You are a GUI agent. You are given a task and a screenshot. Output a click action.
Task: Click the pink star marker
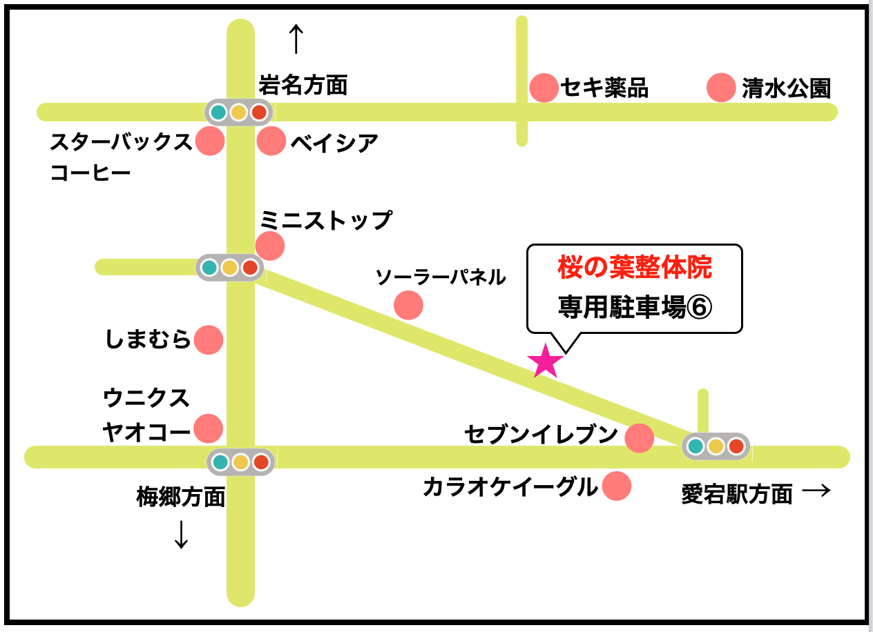tap(545, 362)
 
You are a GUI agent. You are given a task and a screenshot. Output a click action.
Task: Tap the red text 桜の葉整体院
tap(634, 268)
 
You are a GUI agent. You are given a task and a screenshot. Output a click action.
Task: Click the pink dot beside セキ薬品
tap(544, 88)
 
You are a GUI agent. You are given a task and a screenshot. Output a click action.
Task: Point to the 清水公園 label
tap(786, 88)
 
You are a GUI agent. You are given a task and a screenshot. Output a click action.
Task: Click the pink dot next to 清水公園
tap(721, 88)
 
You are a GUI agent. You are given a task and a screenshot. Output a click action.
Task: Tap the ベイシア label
tap(334, 143)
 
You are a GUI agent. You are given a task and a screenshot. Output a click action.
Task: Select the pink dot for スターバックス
tap(210, 141)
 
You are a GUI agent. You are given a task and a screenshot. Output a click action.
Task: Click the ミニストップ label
tap(325, 221)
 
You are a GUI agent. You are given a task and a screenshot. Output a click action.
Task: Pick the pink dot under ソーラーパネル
tap(408, 305)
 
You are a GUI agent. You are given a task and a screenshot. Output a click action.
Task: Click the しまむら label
tap(148, 339)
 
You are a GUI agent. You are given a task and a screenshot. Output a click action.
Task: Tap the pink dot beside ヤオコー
tap(208, 428)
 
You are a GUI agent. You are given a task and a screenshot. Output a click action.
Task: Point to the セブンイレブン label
tap(541, 435)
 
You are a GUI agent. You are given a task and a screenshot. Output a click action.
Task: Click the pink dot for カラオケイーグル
tap(616, 486)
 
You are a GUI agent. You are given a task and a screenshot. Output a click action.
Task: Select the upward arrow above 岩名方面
tap(296, 39)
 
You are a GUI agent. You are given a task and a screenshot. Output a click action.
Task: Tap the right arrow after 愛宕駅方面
tap(816, 491)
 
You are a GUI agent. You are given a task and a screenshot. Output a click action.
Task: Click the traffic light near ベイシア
tap(239, 112)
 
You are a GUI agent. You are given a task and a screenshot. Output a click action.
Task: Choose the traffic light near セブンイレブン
tap(716, 446)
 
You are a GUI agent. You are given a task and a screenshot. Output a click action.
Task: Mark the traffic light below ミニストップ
tap(230, 267)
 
